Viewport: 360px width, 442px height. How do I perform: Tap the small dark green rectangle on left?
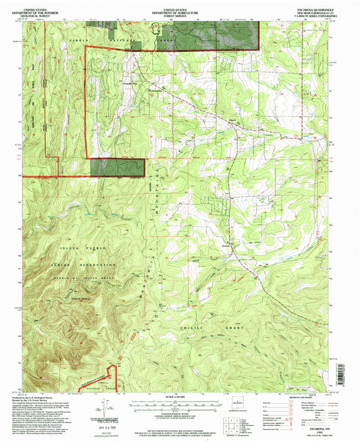click(x=117, y=167)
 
